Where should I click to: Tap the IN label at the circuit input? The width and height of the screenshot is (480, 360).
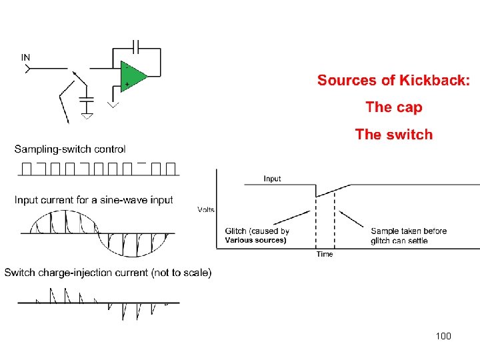[25, 57]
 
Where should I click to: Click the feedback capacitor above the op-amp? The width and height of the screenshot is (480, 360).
[137, 47]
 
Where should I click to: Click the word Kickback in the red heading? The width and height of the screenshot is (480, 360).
[434, 81]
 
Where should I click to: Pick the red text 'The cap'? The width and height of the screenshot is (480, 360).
[393, 107]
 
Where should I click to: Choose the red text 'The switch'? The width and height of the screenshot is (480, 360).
[393, 135]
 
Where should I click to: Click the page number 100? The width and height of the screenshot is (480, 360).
[443, 336]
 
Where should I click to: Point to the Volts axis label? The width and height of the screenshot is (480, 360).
[206, 209]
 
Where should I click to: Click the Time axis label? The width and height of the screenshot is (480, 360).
[325, 254]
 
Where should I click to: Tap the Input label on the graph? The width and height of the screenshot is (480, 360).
[272, 178]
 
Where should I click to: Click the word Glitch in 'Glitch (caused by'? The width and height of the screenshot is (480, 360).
[237, 231]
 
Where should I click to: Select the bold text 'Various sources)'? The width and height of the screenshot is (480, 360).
[255, 240]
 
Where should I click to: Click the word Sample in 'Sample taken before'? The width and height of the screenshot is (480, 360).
[385, 231]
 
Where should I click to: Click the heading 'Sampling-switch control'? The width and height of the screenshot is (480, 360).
[70, 149]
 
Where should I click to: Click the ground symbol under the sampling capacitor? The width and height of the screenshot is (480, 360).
[87, 115]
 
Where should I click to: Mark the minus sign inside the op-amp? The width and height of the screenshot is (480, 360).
[125, 67]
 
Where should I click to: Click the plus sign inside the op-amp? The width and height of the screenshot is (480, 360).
[125, 84]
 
